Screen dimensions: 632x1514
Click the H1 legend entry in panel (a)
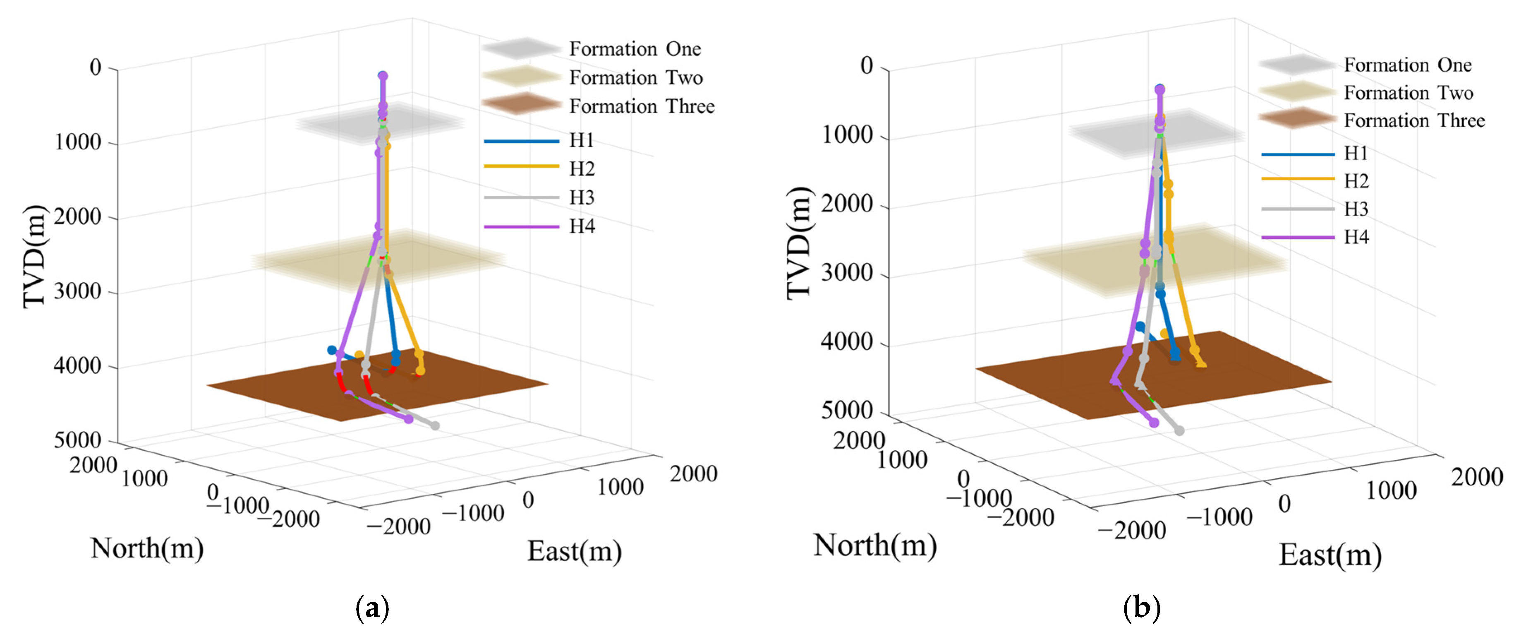pyautogui.click(x=581, y=140)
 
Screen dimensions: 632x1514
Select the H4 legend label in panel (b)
pyautogui.click(x=1356, y=237)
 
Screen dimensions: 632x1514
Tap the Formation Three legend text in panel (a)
pyautogui.click(x=642, y=106)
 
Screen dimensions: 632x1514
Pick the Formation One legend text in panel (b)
pyautogui.click(x=1408, y=65)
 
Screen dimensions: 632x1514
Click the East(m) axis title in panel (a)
pyautogui.click(x=574, y=551)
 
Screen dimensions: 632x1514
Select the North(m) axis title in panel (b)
pyautogui.click(x=874, y=545)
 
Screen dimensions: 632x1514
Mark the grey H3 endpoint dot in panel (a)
pyautogui.click(x=435, y=425)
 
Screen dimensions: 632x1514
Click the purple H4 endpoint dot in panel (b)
pyautogui.click(x=1154, y=422)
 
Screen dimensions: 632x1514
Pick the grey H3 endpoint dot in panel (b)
pyautogui.click(x=1179, y=430)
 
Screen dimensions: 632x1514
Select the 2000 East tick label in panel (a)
pyautogui.click(x=694, y=474)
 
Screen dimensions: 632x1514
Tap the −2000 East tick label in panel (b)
pyautogui.click(x=1132, y=531)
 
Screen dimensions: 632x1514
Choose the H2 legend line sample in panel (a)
pyautogui.click(x=521, y=167)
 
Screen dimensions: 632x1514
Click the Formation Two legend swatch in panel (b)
pyautogui.click(x=1296, y=92)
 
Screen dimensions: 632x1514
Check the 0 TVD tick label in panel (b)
pyautogui.click(x=867, y=65)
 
